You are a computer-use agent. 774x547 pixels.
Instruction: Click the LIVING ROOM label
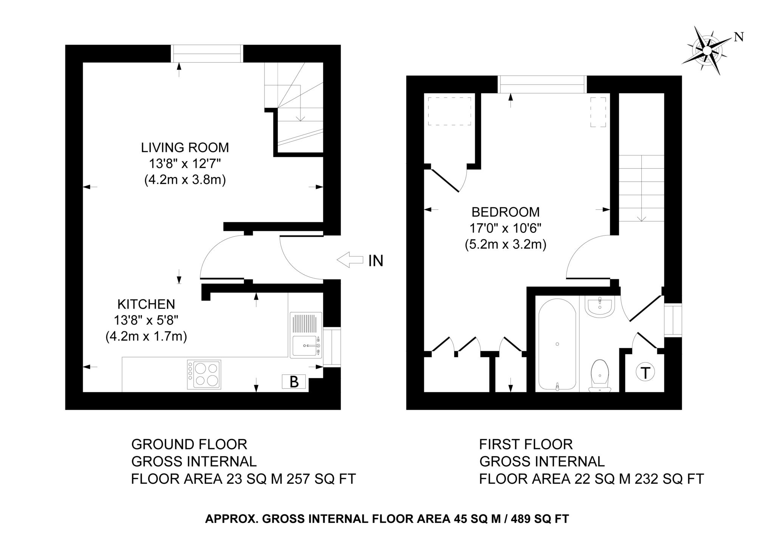pos(185,147)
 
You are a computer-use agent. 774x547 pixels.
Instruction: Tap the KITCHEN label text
pos(146,304)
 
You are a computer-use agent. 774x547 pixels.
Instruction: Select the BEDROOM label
pos(505,212)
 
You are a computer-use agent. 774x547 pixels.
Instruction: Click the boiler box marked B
pos(294,382)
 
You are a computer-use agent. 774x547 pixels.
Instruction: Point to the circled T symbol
pos(646,373)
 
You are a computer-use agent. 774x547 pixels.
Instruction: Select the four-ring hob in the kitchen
pos(204,375)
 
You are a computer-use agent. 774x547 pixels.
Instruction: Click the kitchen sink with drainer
pos(306,335)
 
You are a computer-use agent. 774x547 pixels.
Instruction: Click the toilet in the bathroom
pos(600,376)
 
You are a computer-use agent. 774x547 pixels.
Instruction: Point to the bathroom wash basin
pos(600,305)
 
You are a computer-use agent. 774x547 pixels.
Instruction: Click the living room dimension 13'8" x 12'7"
pos(185,164)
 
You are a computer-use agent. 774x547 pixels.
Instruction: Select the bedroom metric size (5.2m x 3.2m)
pos(506,245)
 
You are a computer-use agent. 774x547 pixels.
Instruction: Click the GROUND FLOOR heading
pos(189,444)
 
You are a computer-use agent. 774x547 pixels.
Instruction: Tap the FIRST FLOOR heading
pos(526,444)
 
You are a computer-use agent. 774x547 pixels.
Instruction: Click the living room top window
pos(207,53)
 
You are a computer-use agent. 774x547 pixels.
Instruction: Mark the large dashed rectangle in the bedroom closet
pos(449,112)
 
